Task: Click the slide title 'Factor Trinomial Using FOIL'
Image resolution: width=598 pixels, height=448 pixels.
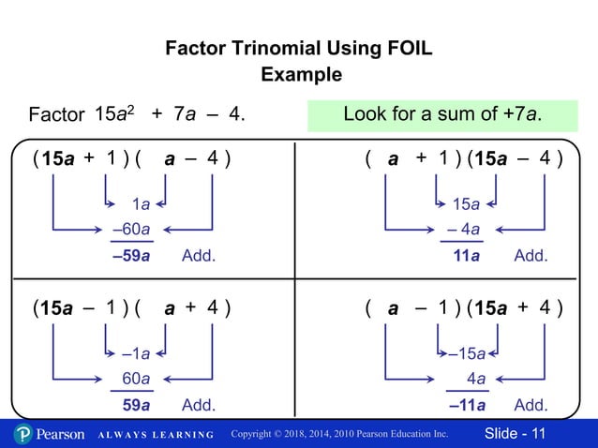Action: click(x=299, y=49)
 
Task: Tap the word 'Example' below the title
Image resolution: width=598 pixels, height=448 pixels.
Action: click(x=299, y=75)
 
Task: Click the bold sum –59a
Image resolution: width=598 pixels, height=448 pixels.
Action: click(x=131, y=255)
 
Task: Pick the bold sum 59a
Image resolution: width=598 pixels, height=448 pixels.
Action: click(x=137, y=406)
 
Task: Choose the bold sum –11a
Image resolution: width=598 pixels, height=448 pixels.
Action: click(x=466, y=406)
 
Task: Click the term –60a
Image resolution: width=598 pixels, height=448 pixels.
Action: click(x=132, y=229)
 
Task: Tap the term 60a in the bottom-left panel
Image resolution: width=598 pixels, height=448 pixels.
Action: click(x=137, y=379)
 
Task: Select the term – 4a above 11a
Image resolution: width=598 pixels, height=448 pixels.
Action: click(x=463, y=229)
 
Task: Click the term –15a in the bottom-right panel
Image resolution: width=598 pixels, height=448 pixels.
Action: click(x=466, y=353)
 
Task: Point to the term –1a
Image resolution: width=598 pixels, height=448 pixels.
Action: click(x=136, y=353)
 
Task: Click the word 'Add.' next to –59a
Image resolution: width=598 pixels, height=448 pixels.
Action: click(x=199, y=255)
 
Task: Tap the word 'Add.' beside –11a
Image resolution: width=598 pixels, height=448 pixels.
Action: click(x=531, y=406)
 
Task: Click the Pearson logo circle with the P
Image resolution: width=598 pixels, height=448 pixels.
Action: click(x=23, y=434)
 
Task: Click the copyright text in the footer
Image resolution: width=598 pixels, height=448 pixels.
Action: click(x=339, y=435)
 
